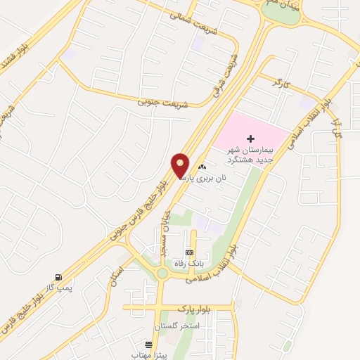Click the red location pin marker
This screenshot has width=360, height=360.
click(x=181, y=166)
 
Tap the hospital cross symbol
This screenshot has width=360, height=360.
click(x=251, y=141)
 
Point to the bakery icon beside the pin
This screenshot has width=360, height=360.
click(x=202, y=167)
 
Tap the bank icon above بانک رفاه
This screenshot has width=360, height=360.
click(x=188, y=252)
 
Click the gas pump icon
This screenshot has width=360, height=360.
click(x=57, y=276)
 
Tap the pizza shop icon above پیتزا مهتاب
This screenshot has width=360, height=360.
click(x=148, y=345)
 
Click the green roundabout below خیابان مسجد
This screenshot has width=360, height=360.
click(x=162, y=274)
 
